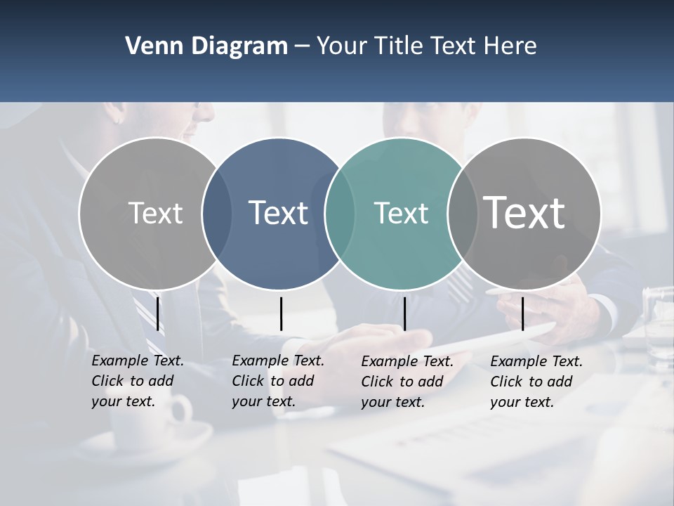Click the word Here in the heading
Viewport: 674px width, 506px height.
pos(510,46)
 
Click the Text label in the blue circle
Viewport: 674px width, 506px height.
pos(279,213)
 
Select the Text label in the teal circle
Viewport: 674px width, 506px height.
pos(401,213)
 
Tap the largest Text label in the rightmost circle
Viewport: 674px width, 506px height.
pos(524,212)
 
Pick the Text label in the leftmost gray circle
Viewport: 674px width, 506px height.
pos(155,213)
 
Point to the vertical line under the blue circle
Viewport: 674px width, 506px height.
pos(281,313)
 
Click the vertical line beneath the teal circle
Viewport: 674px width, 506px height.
pos(404,313)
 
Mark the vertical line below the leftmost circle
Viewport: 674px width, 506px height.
pos(158,313)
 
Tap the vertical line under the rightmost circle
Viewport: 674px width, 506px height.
pos(522,313)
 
